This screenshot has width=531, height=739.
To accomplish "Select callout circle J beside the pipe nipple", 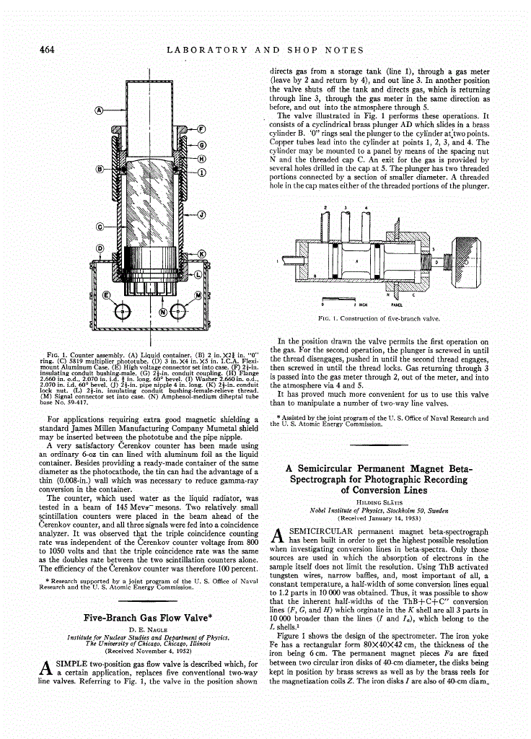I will click(201, 214).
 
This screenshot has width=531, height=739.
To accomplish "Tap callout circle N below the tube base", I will click(162, 312).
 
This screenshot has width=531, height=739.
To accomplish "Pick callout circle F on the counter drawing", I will click(202, 130).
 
